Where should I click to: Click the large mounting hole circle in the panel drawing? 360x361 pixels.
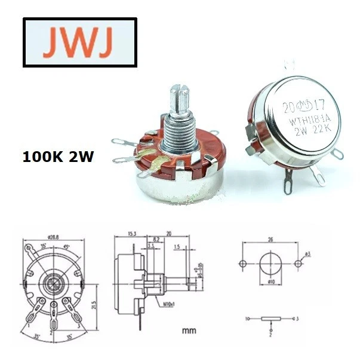(x=270, y=263)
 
